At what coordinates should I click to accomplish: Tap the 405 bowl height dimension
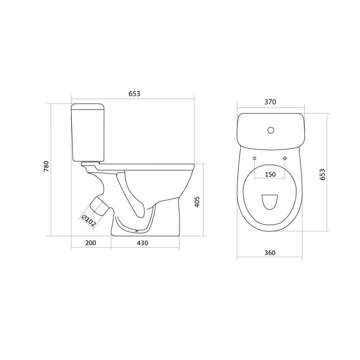197,202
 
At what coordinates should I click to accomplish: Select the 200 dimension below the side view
91,242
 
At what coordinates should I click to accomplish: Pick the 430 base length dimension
142,243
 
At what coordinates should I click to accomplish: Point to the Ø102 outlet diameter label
88,221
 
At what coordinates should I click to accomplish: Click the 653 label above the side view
134,94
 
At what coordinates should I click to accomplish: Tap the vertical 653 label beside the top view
322,174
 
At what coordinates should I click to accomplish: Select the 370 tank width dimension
270,102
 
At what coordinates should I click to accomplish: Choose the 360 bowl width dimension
270,252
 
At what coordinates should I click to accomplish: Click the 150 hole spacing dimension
270,174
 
